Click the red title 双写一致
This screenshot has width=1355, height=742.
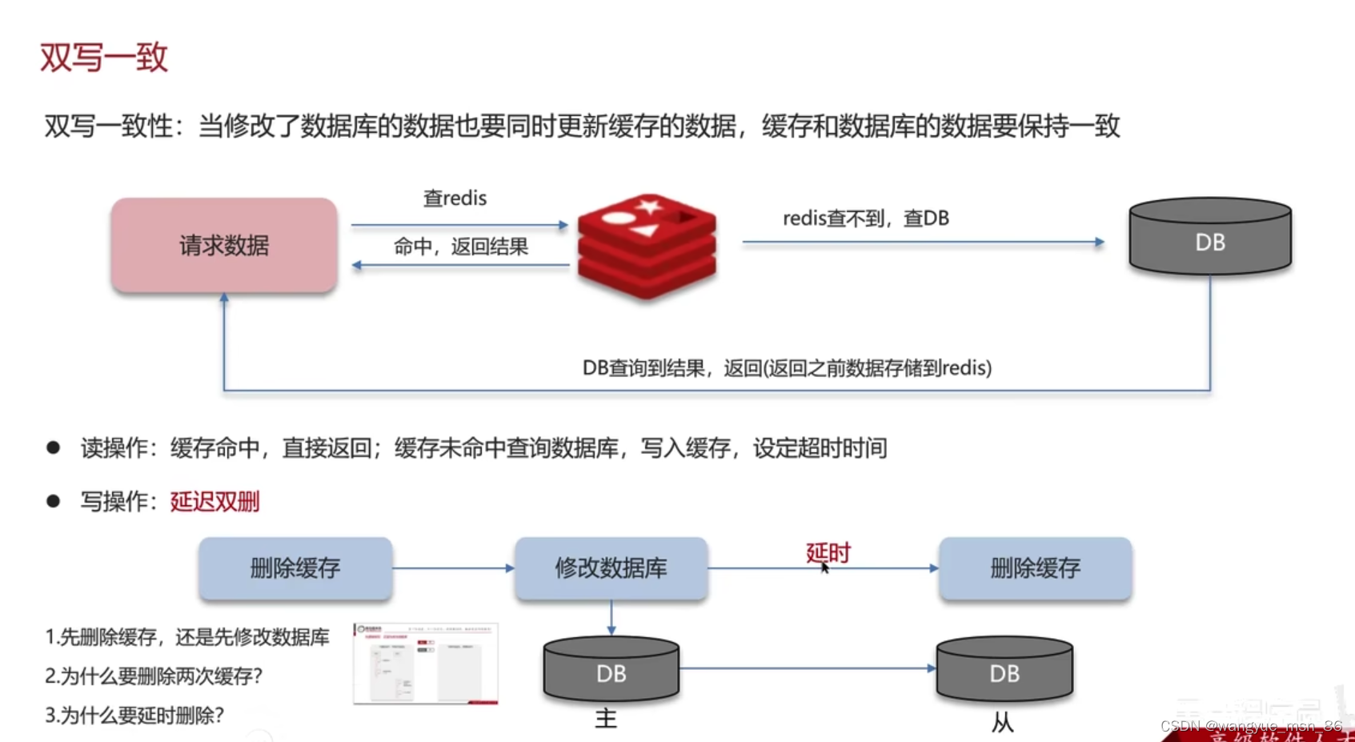pos(103,58)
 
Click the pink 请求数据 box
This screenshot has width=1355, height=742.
pos(224,245)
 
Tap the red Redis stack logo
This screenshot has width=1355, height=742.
pos(647,246)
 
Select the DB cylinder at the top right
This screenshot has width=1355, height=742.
pos(1209,238)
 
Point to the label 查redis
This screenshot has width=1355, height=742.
pos(455,199)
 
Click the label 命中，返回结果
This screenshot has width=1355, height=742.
pos(460,247)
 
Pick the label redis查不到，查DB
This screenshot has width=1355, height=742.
pos(865,219)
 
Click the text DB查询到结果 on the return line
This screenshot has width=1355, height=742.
pos(644,368)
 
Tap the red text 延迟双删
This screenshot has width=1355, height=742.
pos(214,502)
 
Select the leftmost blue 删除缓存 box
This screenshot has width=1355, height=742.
pos(295,568)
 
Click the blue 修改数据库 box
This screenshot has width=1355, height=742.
pos(611,568)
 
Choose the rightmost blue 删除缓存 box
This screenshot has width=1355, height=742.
pos(1035,568)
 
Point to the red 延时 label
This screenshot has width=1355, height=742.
pos(828,552)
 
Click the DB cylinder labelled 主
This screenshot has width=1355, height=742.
pos(611,671)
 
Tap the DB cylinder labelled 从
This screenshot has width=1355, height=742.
pos(1004,671)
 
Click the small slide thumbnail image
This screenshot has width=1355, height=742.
pos(426,664)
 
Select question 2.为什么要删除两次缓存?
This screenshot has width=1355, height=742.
pos(154,676)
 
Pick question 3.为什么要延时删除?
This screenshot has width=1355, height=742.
pos(134,716)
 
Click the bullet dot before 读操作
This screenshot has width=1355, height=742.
pos(54,448)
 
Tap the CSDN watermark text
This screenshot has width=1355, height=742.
pos(1251,726)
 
